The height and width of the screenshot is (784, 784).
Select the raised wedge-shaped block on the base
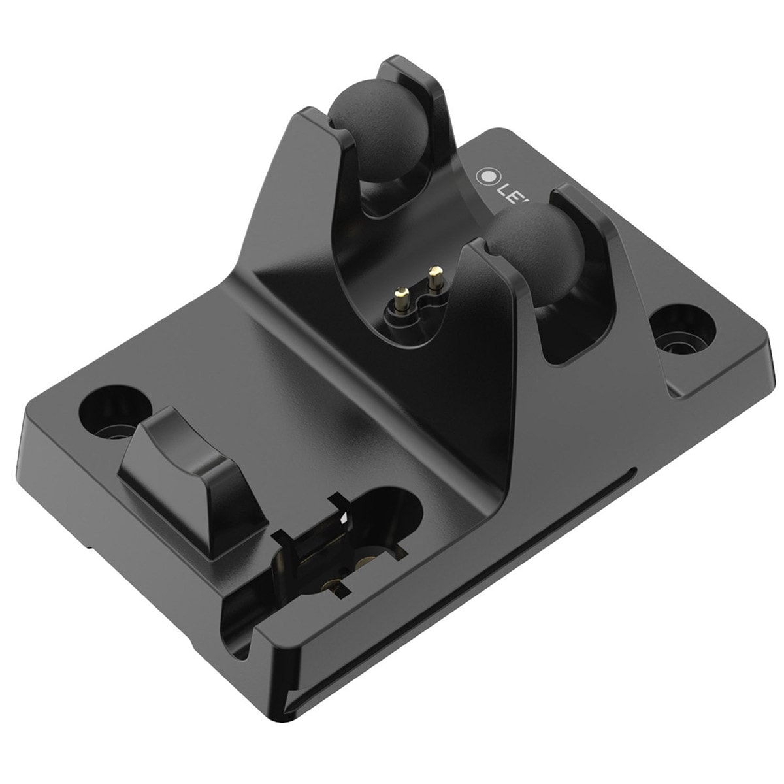tap(176, 457)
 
